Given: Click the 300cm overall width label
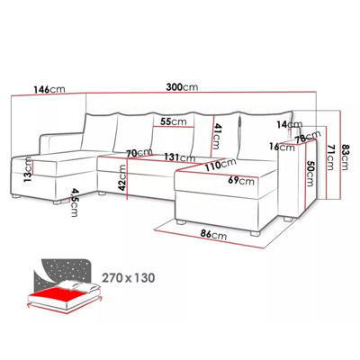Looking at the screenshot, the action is [x=182, y=87].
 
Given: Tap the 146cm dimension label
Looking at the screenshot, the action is [x=49, y=89].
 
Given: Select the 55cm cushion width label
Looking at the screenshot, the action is [x=173, y=121].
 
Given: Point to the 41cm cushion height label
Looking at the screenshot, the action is [x=217, y=137].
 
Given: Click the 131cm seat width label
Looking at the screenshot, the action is [x=180, y=157].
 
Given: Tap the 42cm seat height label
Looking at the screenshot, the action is [x=122, y=177].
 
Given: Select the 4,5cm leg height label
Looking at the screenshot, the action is [x=74, y=202].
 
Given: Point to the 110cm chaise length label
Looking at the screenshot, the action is [x=220, y=165].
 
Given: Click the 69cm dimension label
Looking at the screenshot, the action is [x=241, y=181].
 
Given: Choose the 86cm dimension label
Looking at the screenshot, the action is [x=213, y=236].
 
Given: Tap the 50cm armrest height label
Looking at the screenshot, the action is [x=310, y=173].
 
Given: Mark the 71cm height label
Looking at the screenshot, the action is [x=329, y=157].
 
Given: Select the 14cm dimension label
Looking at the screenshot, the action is [x=290, y=124].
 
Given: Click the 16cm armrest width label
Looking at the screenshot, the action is [x=282, y=147].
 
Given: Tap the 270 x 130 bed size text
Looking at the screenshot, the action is [x=129, y=277].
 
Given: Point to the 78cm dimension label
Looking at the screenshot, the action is [x=308, y=137].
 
